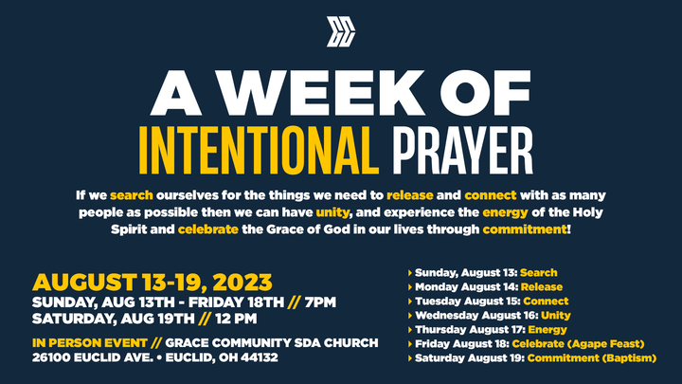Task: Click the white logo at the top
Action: coord(340,31)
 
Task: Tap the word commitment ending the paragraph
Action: coord(524,230)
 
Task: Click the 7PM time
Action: coord(318,302)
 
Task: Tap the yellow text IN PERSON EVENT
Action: coord(82,342)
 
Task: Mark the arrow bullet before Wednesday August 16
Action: coord(409,315)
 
